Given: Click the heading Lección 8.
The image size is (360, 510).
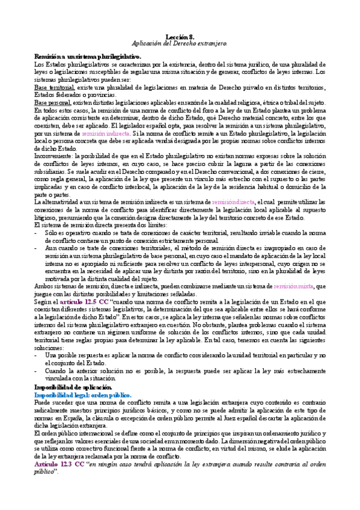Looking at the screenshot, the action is [180, 37].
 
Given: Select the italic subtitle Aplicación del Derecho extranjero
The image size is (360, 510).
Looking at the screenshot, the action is [180, 45].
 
